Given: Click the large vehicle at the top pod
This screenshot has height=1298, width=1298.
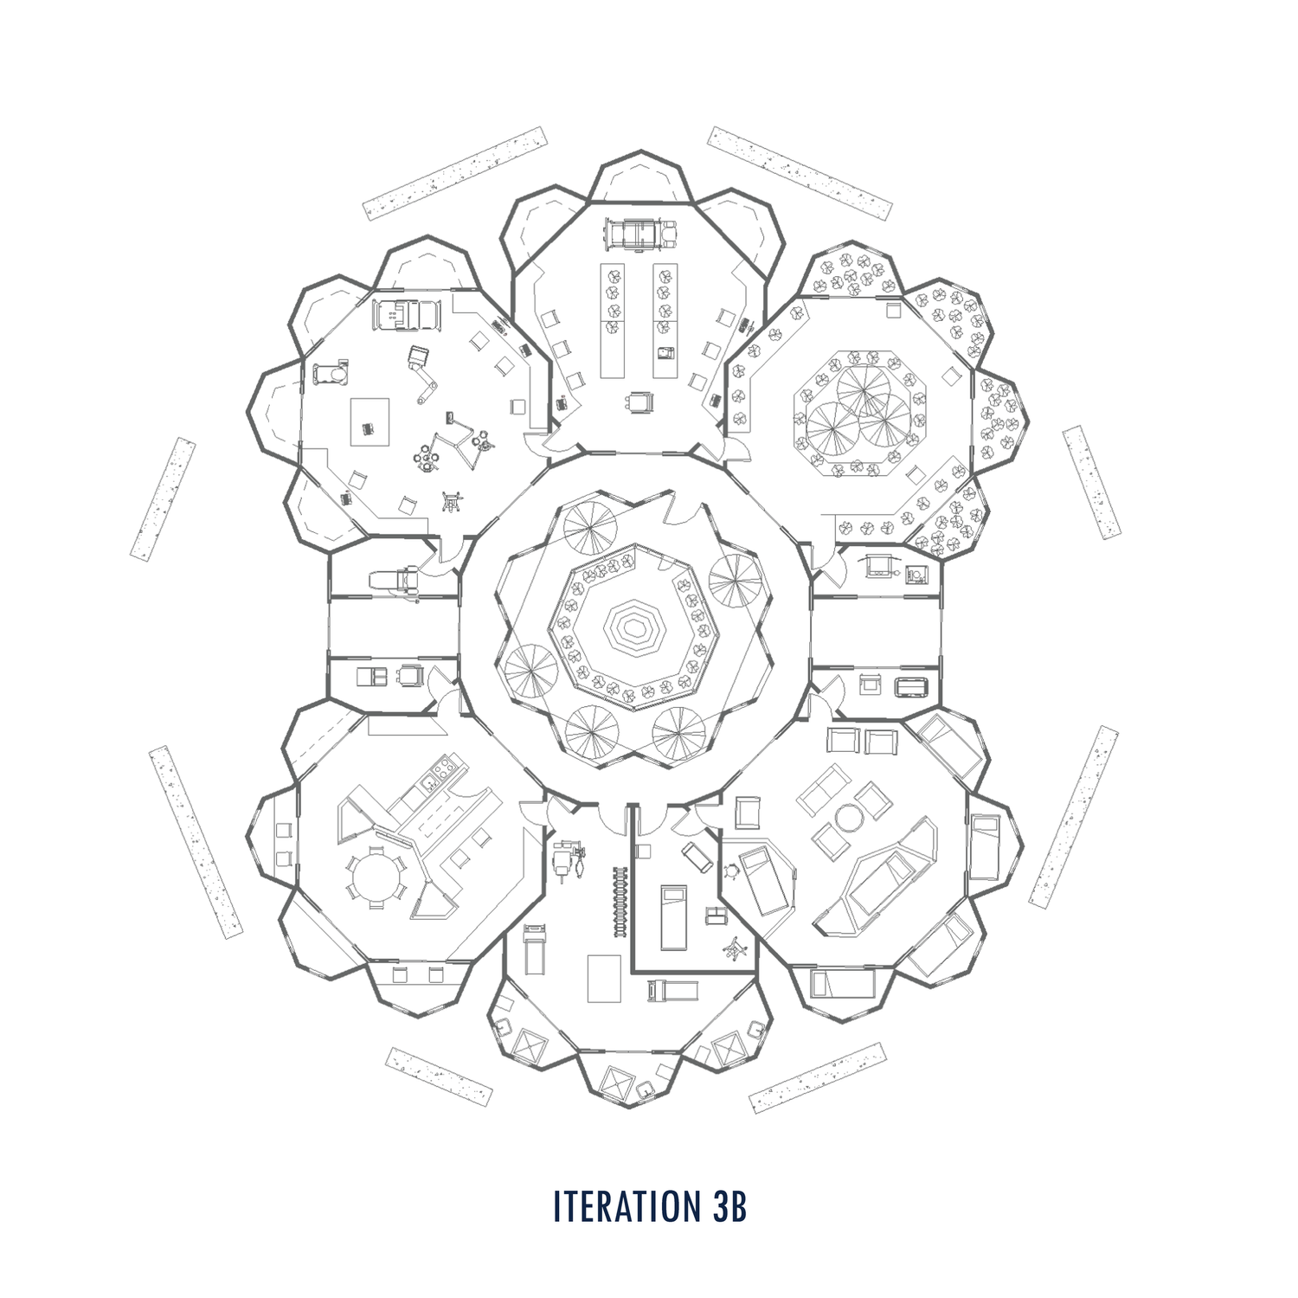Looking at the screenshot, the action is [639, 234].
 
